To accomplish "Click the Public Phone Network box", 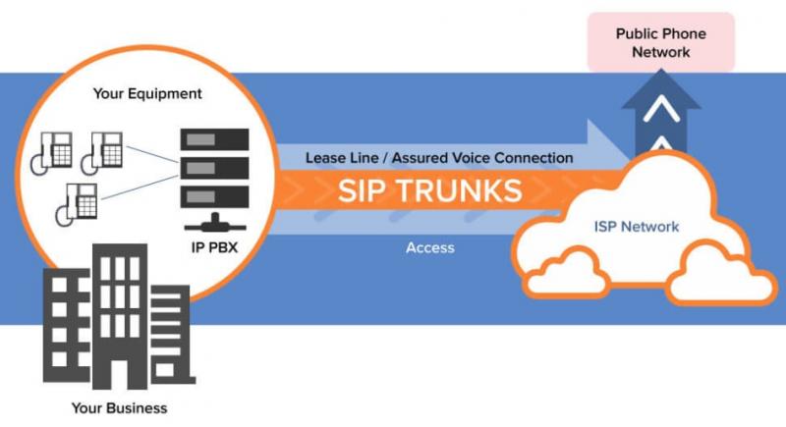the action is coord(660,42).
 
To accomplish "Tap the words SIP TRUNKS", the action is coord(429,190).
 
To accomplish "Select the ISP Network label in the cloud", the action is coord(636,227).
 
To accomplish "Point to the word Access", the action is coord(430,247).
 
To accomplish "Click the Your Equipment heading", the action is coord(147,93).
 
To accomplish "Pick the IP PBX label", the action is coord(214,247).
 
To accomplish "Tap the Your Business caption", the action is coord(119,408).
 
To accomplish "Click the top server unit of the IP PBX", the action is coord(214,139).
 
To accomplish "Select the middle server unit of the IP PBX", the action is coord(214,168).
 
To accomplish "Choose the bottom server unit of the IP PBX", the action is coord(214,196).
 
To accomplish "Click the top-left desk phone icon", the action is coord(52,153).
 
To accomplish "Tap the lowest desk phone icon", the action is coord(77,205).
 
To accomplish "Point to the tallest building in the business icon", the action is coord(120,316).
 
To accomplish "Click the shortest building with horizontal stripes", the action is coord(170,335).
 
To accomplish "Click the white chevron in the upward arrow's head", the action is coord(661,110).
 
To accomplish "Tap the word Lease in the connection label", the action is coord(324,158).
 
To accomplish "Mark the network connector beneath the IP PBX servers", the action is coord(215,223).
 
